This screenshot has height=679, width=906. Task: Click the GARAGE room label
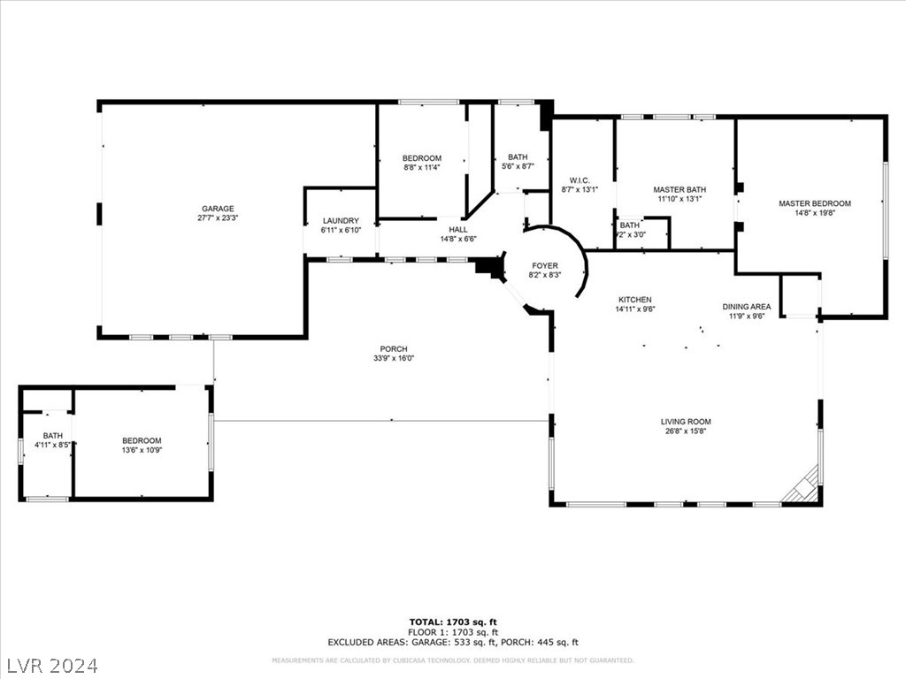pyautogui.click(x=217, y=209)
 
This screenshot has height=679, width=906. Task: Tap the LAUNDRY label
pyautogui.click(x=341, y=221)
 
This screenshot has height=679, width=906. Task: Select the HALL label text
pyautogui.click(x=458, y=230)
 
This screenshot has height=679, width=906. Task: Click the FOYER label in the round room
pyautogui.click(x=544, y=265)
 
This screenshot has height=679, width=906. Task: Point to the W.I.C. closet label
pyautogui.click(x=580, y=179)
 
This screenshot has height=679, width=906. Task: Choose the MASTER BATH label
pyautogui.click(x=679, y=190)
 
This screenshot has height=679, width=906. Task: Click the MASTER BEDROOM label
pyautogui.click(x=814, y=203)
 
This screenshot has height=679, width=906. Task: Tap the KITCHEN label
pyautogui.click(x=634, y=300)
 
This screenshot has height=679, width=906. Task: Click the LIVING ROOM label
pyautogui.click(x=686, y=422)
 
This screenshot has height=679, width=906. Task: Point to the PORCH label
pyautogui.click(x=394, y=349)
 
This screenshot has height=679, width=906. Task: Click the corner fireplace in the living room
pyautogui.click(x=806, y=487)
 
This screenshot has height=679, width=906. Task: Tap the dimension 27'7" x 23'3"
pyautogui.click(x=217, y=218)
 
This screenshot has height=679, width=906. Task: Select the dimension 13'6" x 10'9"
pyautogui.click(x=142, y=450)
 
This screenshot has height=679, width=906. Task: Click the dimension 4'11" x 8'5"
pyautogui.click(x=53, y=445)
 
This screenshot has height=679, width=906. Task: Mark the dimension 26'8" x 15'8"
pyautogui.click(x=686, y=431)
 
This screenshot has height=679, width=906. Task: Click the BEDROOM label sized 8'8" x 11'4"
pyautogui.click(x=422, y=158)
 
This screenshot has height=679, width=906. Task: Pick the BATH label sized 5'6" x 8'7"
pyautogui.click(x=518, y=157)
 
